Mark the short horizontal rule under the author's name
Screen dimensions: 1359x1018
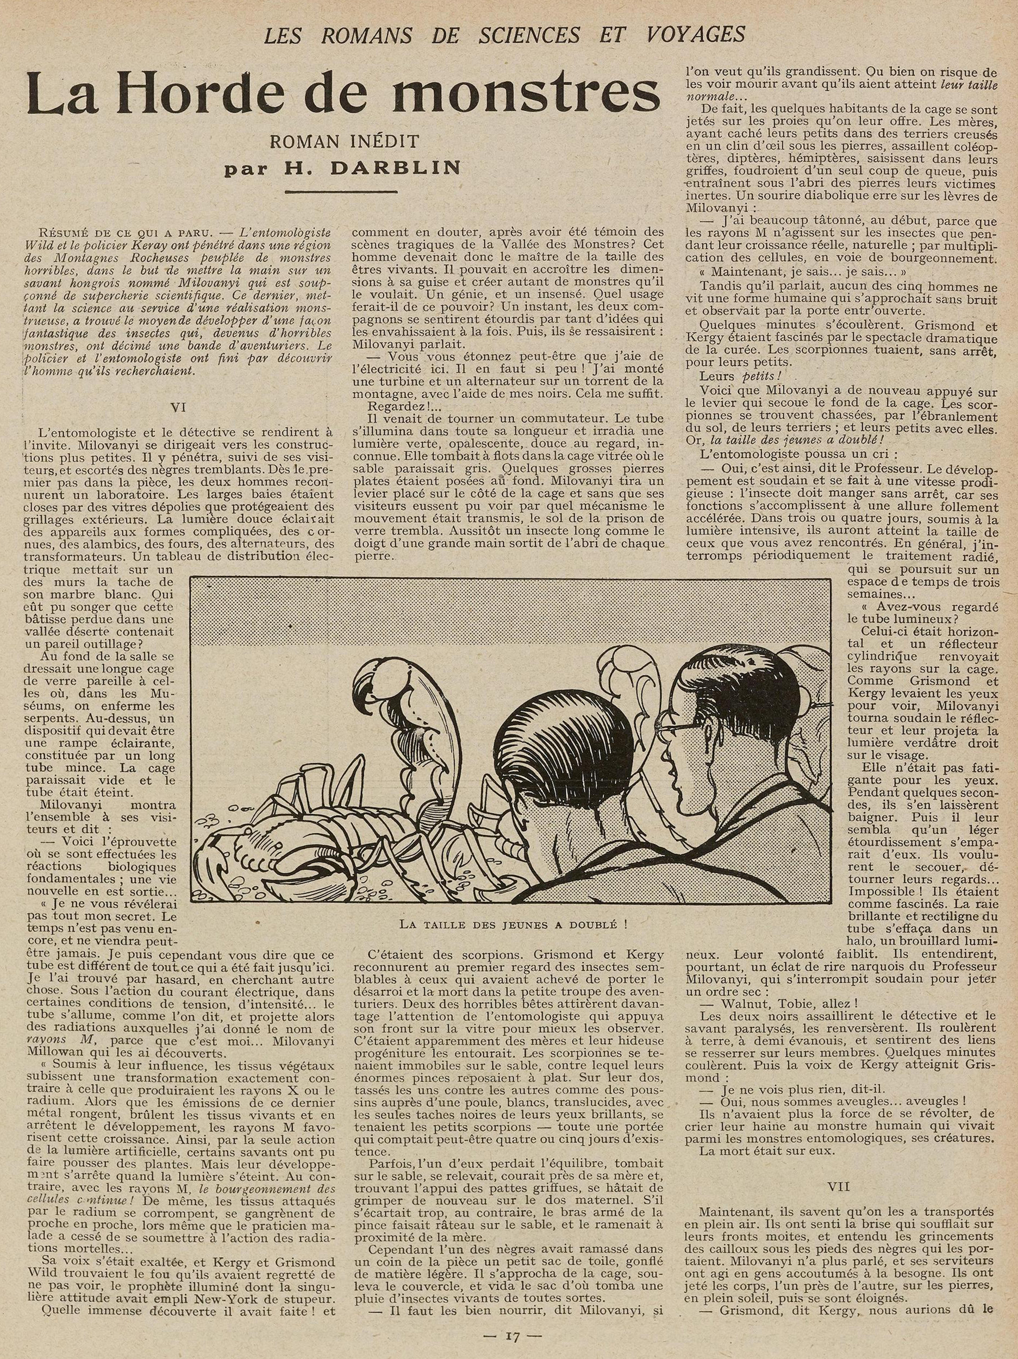342,192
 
